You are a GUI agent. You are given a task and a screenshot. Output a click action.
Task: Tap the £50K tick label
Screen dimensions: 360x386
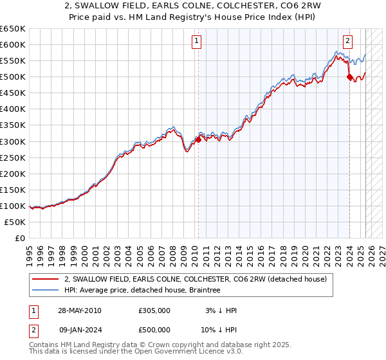click(15, 222)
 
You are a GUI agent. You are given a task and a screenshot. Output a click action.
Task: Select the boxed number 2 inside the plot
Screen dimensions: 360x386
click(348, 41)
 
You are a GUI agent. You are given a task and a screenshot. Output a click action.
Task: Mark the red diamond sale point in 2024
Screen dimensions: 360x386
click(349, 77)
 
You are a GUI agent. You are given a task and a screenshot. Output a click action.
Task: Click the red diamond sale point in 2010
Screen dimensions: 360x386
click(198, 139)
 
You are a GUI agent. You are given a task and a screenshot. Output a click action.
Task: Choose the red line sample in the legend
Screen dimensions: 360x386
click(46, 279)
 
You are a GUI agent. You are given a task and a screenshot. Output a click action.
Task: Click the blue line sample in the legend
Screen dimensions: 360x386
click(46, 290)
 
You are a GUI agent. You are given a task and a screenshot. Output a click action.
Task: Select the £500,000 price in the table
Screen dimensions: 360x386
click(154, 329)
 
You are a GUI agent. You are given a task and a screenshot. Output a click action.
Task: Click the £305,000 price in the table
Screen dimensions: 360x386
click(154, 310)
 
